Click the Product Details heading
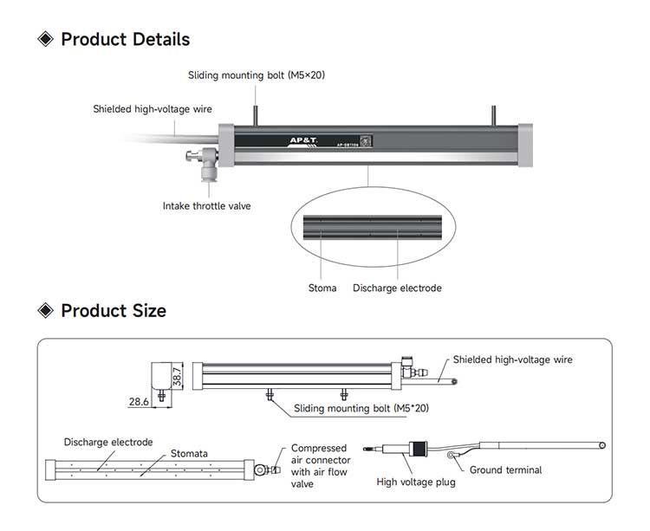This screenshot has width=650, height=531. tap(125, 39)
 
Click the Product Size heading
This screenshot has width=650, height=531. tap(113, 310)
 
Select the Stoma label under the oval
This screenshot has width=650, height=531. tap(322, 288)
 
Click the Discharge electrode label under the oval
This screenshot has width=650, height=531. tap(397, 288)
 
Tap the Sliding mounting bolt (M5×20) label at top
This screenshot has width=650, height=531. tap(257, 75)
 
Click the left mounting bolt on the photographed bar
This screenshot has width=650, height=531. tap(256, 114)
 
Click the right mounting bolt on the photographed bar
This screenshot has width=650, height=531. tap(493, 114)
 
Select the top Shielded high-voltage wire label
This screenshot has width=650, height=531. tap(153, 109)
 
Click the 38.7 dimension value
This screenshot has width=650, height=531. tap(178, 377)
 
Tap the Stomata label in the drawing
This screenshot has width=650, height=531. tap(189, 453)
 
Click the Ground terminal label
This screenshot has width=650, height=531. tap(505, 470)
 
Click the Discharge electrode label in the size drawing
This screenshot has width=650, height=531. tap(108, 442)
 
